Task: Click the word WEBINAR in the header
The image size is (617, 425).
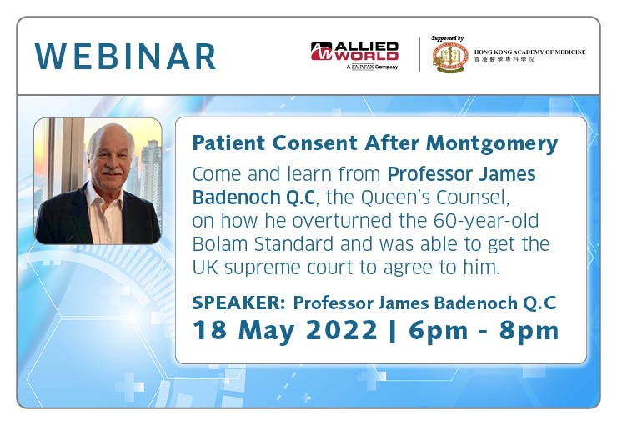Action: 125,57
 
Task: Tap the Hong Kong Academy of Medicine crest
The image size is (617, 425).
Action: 450,57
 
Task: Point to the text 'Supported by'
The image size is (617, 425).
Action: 448,38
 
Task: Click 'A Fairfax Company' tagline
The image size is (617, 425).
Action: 372,67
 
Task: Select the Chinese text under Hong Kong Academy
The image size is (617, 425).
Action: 504,59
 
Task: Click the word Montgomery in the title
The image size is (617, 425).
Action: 492,143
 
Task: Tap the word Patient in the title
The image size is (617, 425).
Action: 228,142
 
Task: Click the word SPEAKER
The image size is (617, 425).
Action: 238,303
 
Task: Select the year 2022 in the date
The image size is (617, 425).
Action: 342,330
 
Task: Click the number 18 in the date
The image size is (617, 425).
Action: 209,330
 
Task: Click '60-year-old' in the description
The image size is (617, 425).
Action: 486,222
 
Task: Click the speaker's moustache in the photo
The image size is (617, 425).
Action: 112,172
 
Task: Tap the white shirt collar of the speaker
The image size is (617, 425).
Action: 103,196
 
